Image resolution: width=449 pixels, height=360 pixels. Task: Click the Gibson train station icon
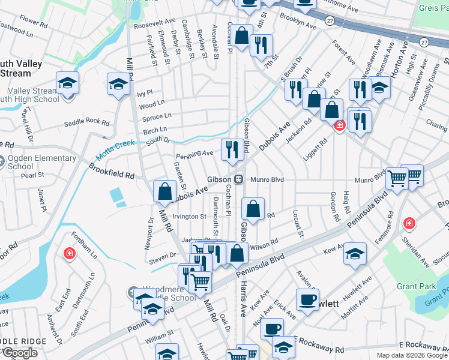[238, 179]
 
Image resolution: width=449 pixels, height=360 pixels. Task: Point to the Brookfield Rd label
[112, 173]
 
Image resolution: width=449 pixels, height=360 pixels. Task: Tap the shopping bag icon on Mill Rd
[164, 192]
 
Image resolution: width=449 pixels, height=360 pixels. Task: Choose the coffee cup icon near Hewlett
[307, 300]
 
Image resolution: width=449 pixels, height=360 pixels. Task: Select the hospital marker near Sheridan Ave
[409, 223]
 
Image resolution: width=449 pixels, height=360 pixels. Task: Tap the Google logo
[19, 353]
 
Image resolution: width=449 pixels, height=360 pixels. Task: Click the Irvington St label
[190, 216]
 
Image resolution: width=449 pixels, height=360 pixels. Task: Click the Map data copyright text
[411, 355]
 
